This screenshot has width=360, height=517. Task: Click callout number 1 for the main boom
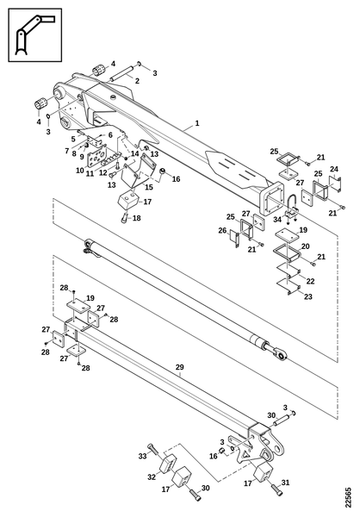point(197,123)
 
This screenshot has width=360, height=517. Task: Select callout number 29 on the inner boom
point(179,367)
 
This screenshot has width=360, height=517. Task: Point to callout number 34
point(277,219)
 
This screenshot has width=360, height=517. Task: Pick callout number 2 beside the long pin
point(137,80)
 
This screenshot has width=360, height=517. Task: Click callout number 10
point(80,171)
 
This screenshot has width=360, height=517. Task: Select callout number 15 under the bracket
point(149,187)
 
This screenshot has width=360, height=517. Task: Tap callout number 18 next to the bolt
point(136,218)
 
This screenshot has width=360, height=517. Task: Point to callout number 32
point(152,477)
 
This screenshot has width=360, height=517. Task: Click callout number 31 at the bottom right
point(285,483)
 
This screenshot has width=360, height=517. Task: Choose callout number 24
point(334,169)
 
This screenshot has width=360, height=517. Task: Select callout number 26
point(222,230)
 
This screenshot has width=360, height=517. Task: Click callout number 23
point(308,296)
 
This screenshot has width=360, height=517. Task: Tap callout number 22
point(310,281)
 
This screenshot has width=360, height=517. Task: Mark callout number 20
point(305,246)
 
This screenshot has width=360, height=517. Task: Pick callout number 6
point(110,135)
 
